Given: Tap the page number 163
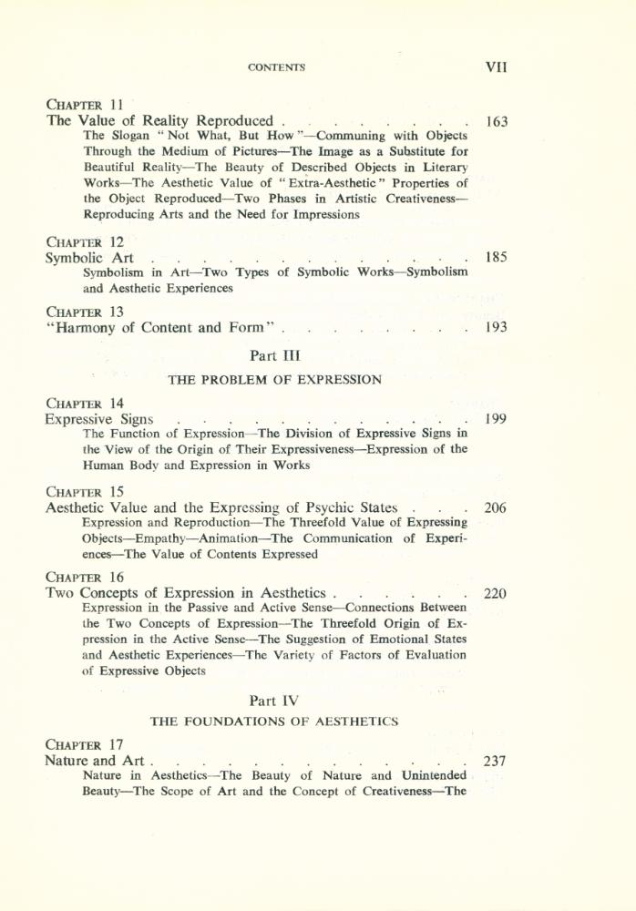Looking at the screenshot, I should click(x=497, y=121).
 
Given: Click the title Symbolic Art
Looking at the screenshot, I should click(x=91, y=259).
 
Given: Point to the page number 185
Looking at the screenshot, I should click(x=497, y=259).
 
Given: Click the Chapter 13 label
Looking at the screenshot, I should click(x=85, y=311).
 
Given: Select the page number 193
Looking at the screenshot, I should click(x=497, y=328).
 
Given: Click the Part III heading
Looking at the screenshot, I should click(x=274, y=356).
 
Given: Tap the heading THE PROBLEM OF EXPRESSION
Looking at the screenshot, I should click(x=275, y=380).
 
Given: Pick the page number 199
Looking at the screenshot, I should click(x=497, y=420).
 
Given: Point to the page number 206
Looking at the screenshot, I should click(x=497, y=508).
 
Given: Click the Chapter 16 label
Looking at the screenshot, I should click(x=85, y=577).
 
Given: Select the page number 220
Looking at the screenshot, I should click(x=497, y=594).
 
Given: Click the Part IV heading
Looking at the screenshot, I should click(x=274, y=699).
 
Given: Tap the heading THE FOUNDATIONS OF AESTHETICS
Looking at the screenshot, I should click(x=274, y=722).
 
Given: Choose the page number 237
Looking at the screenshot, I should click(x=497, y=761).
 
